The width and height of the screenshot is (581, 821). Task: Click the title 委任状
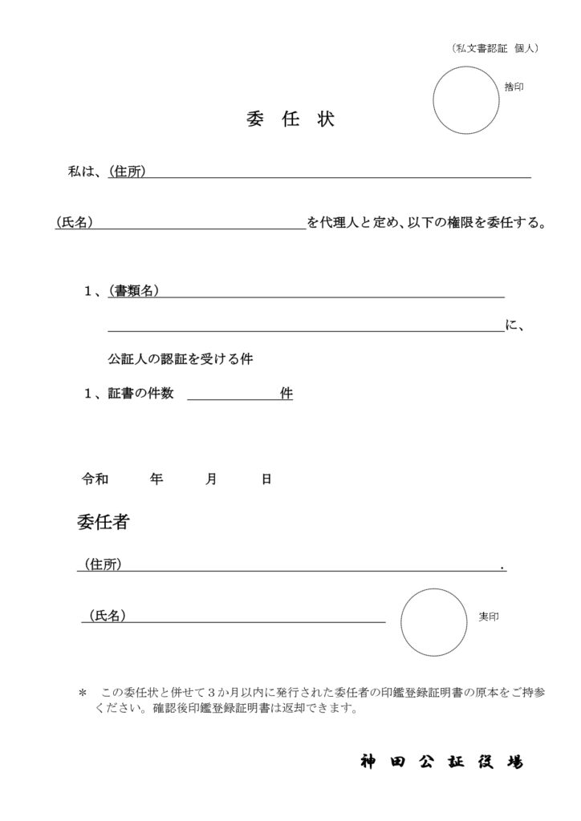coord(290,120)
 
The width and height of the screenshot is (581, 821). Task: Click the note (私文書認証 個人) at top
coord(494,48)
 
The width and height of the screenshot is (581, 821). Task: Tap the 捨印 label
coord(514,87)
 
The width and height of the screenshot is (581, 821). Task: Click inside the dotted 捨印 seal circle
coord(465,100)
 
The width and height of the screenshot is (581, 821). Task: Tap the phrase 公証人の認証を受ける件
coord(181,359)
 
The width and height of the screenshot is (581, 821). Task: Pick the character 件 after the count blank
coord(286,394)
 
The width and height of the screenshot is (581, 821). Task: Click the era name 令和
coord(95,479)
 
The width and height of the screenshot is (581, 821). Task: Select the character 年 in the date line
coord(156,479)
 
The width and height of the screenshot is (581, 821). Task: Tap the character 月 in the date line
coord(211,479)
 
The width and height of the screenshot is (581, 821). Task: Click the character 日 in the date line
coord(266,479)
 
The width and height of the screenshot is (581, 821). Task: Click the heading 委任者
coord(104,523)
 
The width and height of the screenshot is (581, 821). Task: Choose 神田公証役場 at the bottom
coord(441,762)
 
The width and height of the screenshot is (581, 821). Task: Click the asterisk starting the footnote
coord(82,692)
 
